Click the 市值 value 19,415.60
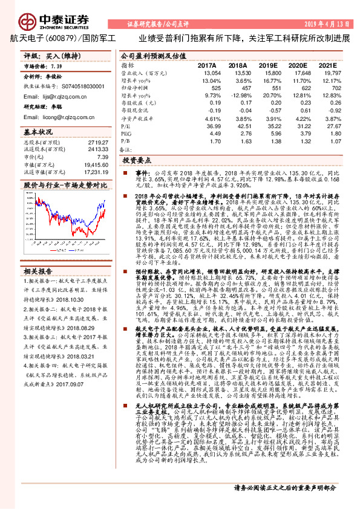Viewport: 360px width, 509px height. point(96,164)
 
